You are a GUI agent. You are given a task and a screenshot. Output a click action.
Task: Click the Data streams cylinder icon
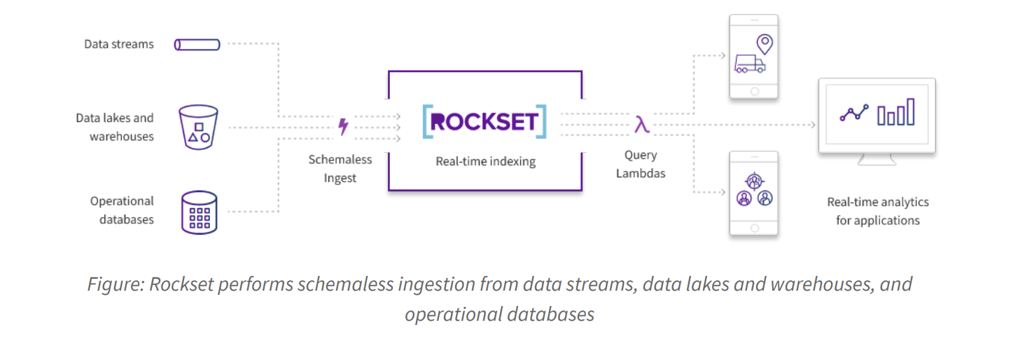point(197,45)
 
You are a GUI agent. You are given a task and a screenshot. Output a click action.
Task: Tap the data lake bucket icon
point(198,127)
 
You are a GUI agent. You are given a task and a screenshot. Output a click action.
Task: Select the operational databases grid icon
point(200,212)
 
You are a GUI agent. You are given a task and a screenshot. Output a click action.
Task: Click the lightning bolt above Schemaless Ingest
point(343,127)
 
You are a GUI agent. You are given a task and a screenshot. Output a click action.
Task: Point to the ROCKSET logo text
point(484,122)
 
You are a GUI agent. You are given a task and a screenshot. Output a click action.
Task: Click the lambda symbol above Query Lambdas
point(641,125)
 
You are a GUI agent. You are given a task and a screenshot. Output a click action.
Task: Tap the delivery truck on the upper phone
point(749,64)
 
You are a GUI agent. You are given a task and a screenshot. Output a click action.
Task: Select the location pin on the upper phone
point(765,44)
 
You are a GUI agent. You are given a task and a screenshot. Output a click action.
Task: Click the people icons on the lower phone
point(754,191)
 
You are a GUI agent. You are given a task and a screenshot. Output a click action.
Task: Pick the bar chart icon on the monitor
point(896,113)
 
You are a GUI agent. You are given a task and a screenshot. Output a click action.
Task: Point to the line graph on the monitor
point(854,113)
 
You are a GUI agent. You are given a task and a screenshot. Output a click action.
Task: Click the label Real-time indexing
point(485,162)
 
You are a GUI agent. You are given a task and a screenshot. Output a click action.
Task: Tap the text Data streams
point(119,44)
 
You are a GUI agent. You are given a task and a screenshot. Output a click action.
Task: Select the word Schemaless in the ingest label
point(340,160)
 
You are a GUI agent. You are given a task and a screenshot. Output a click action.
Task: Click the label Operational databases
point(121,210)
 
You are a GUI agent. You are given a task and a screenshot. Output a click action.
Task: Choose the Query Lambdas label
point(641,164)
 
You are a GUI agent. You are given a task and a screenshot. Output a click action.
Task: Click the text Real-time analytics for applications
point(878,211)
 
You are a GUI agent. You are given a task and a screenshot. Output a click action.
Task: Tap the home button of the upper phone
point(754,91)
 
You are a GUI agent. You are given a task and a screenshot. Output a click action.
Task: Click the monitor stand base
point(877,162)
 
